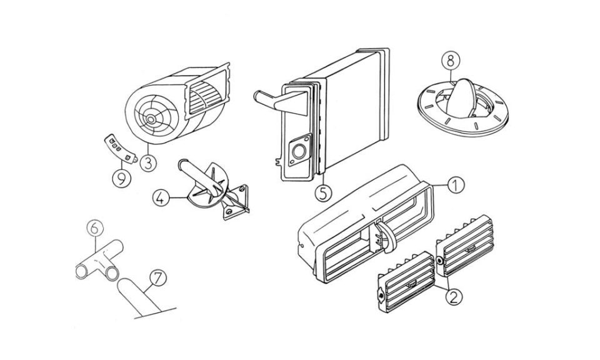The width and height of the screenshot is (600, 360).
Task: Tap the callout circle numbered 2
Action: point(453,297)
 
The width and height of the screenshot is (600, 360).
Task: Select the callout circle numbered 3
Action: point(149,163)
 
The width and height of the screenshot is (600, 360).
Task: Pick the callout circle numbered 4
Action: point(161,197)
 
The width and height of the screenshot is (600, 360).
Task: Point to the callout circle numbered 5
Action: point(324,193)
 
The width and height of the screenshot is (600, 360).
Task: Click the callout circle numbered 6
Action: point(95,228)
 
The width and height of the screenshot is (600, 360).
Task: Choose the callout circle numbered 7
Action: point(158,279)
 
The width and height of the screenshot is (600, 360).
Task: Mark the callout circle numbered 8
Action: point(451,60)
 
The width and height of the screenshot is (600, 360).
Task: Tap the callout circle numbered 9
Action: point(122,179)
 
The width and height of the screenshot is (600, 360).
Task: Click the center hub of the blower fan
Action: point(151,120)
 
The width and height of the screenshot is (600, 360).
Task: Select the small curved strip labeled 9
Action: point(121,149)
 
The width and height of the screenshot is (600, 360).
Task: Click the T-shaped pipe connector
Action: point(99,261)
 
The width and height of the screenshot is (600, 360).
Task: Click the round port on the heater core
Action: point(299,151)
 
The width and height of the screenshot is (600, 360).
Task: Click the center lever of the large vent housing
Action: point(386,237)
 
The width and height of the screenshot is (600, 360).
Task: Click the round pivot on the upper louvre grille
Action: point(439,261)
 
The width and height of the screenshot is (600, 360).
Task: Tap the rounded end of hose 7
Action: point(126,286)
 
